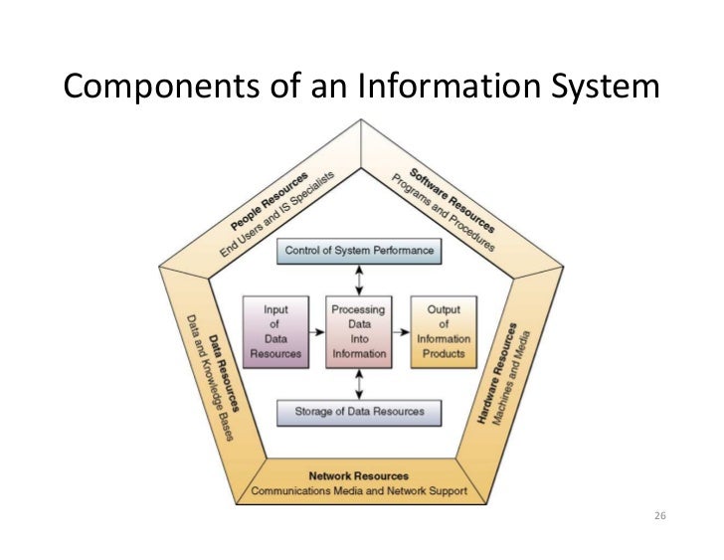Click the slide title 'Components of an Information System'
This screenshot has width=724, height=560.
(361, 87)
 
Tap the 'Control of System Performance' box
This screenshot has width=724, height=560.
(359, 251)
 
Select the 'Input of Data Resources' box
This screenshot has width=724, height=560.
(276, 331)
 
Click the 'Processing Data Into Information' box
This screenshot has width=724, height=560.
(358, 331)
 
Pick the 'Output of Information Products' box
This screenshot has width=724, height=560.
(444, 331)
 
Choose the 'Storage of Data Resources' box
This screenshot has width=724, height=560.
(359, 411)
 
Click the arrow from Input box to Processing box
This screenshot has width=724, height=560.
(317, 331)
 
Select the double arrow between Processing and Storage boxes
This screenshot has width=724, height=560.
(359, 383)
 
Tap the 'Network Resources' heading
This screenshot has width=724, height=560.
(358, 476)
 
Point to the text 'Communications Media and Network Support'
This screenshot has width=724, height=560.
(358, 491)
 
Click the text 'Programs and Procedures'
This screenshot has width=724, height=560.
(439, 209)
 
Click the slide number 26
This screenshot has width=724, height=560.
(659, 517)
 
